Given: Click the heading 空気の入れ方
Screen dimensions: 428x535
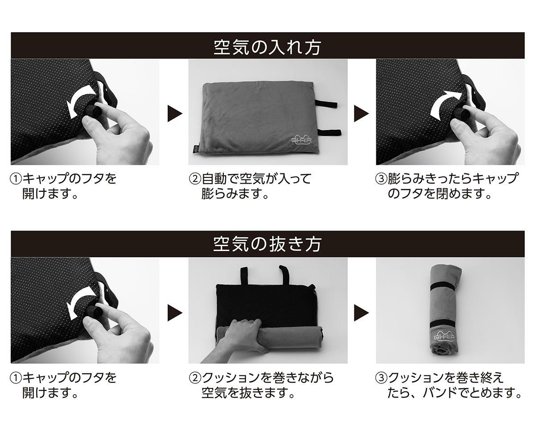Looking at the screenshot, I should (x=267, y=46).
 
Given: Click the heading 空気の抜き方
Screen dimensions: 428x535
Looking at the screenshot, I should (x=267, y=244).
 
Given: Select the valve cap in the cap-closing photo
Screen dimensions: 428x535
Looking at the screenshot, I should (x=460, y=114).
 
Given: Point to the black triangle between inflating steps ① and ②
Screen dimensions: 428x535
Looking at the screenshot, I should (x=174, y=114).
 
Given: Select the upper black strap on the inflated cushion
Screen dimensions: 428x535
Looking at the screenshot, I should (x=327, y=104).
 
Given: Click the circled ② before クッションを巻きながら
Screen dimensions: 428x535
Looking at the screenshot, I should (x=195, y=378).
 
